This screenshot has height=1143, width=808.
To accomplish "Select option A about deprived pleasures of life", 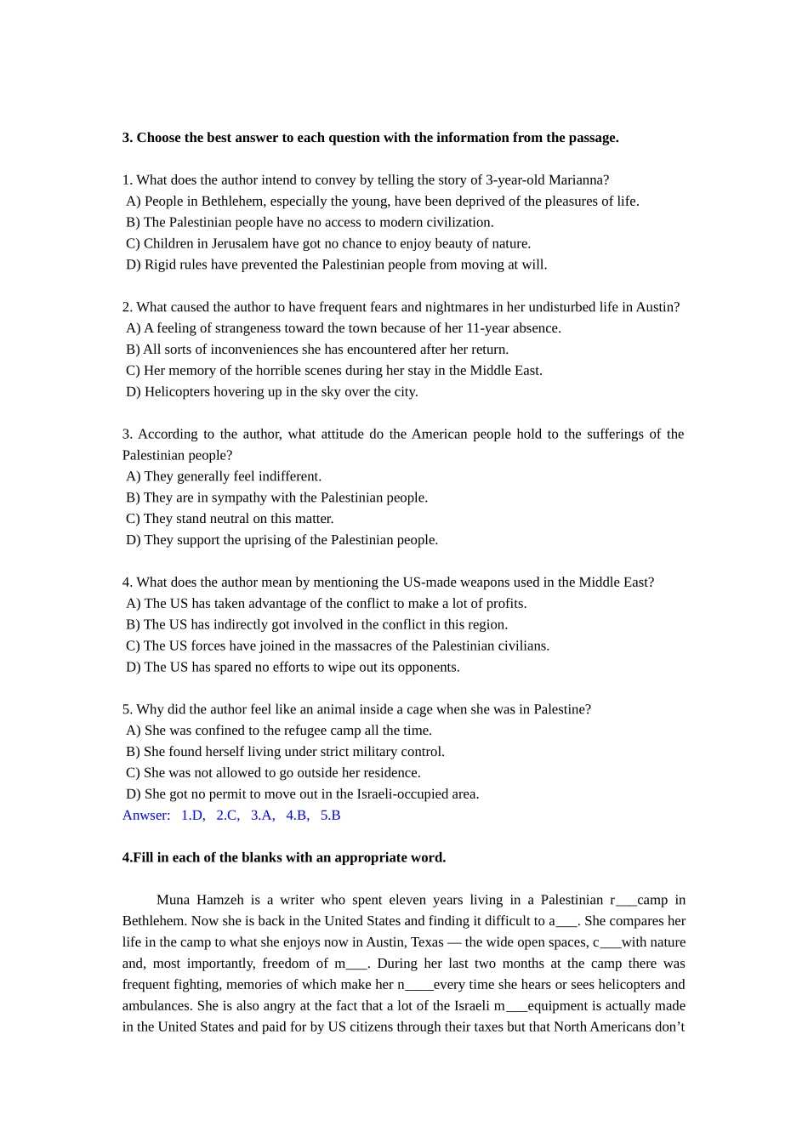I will pos(382,201).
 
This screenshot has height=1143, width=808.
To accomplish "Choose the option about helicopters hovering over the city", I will pos(272,391).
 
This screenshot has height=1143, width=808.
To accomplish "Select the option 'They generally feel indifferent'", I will pos(224,476).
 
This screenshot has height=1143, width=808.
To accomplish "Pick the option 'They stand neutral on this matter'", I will pos(230,519).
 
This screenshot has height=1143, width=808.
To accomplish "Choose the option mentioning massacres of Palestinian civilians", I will pos(338,645).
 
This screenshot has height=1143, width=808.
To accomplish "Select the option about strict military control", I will pos(285,752).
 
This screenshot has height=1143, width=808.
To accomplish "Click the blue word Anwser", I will pos(145,815).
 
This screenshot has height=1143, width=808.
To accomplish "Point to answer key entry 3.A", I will pos(262,815).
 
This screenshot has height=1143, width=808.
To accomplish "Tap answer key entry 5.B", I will pos(330,815).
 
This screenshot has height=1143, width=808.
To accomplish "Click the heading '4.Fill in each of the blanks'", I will pos(283,857).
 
